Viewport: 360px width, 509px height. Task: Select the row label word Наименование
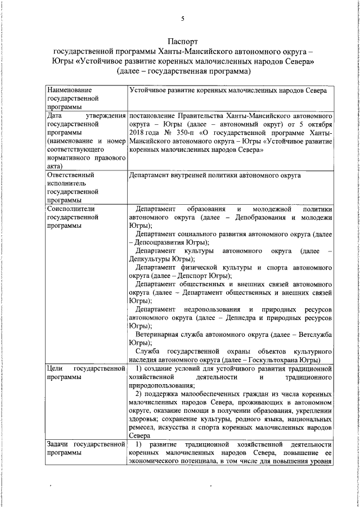click(70, 89)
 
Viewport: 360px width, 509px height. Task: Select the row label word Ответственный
click(71, 175)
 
